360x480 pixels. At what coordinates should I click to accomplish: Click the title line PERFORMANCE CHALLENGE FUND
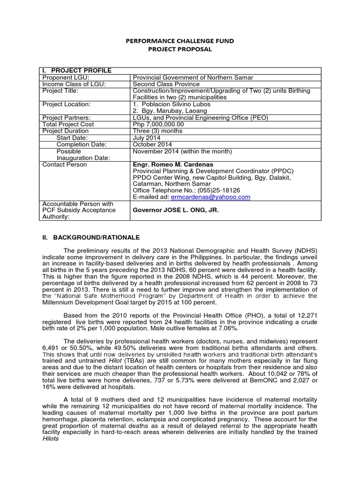point(180,41)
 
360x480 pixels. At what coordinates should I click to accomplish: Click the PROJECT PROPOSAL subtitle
point(180,49)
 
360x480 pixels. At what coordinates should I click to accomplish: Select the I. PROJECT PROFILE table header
point(76,71)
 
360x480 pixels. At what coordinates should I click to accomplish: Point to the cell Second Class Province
point(166,84)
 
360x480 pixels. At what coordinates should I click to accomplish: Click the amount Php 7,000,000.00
point(158,124)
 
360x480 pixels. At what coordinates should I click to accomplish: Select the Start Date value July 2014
point(147,138)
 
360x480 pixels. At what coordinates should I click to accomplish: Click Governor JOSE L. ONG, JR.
point(176,210)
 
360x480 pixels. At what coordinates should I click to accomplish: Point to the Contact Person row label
point(64,165)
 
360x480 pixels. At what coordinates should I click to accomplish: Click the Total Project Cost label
point(68,124)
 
